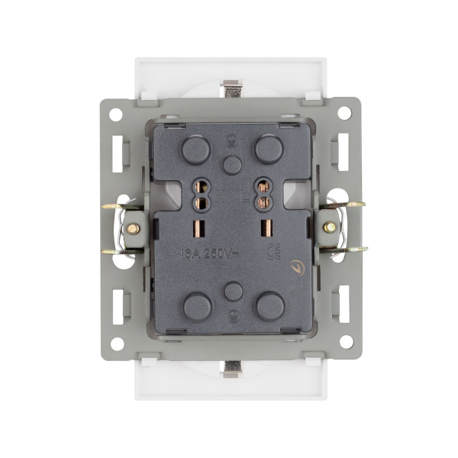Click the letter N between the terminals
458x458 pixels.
[221, 196]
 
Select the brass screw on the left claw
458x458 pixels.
[133, 227]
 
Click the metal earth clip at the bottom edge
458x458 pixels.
[231, 369]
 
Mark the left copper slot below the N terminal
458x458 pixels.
[202, 228]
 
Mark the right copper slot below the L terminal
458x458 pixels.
[268, 228]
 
